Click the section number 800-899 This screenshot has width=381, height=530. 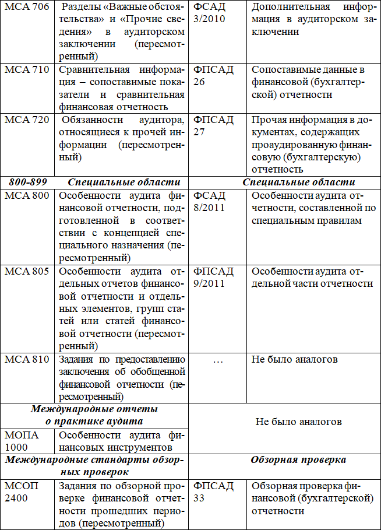27,182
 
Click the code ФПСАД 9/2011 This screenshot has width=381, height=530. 214,278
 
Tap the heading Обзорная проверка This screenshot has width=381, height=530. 298,459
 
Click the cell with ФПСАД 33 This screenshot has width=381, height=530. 214,492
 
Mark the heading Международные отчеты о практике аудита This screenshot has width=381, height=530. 94,415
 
